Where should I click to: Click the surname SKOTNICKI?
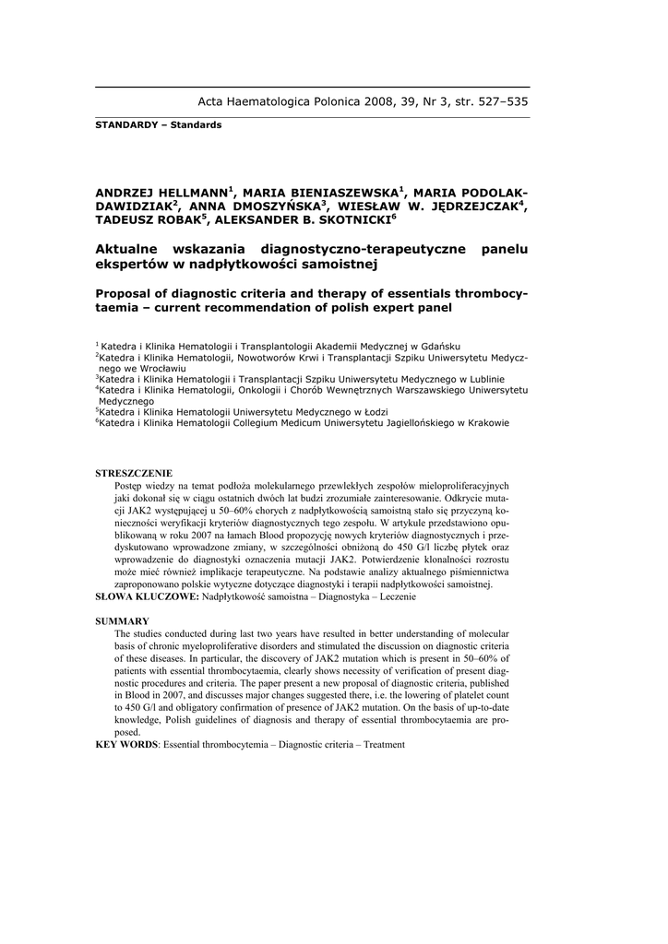[x=352, y=221]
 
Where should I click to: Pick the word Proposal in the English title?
[x=128, y=292]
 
